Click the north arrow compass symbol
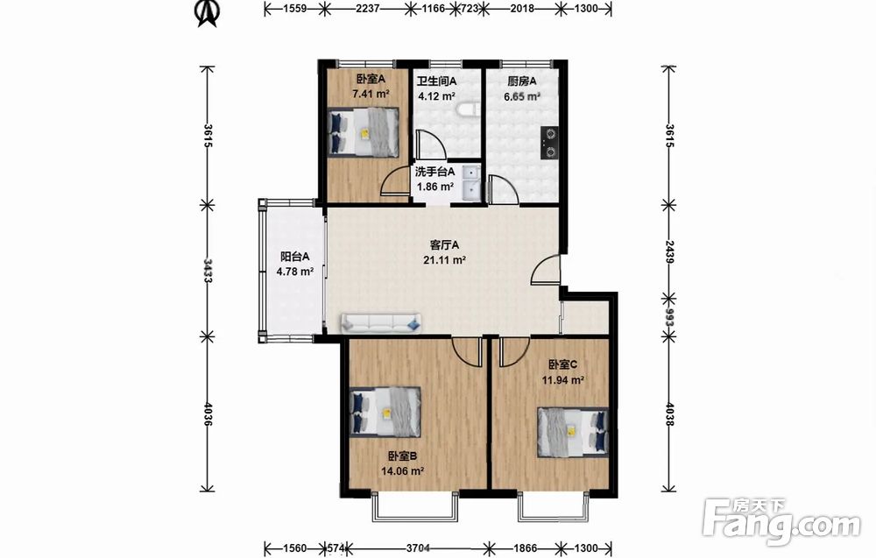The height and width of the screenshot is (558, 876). click(207, 13)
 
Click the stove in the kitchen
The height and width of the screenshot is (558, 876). click(550, 143)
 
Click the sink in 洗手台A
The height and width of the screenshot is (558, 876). click(471, 182)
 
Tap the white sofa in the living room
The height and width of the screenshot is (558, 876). click(382, 323)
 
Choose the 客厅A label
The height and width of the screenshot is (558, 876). click(445, 244)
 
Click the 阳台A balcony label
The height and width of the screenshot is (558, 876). click(294, 257)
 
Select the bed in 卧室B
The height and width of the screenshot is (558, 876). click(385, 413)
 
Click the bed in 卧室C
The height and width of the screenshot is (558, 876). click(573, 432)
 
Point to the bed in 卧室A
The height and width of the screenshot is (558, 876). click(364, 132)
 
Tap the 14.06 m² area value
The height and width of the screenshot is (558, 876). click(402, 471)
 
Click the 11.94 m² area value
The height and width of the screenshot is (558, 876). click(562, 380)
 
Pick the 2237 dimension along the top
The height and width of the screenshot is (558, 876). click(367, 9)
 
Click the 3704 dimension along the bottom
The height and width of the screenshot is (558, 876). click(417, 548)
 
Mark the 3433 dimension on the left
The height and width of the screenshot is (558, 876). click(208, 271)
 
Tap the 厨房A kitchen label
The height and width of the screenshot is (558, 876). click(522, 81)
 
